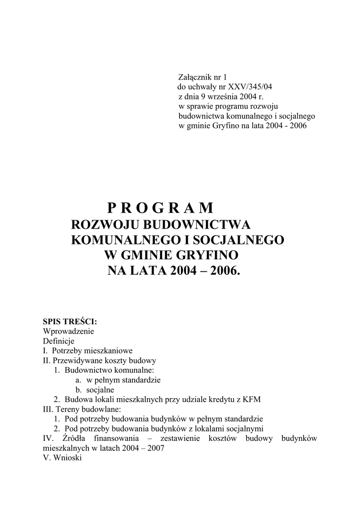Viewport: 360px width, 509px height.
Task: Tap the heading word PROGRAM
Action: coord(160,207)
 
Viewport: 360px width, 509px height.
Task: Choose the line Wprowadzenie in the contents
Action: coord(69,332)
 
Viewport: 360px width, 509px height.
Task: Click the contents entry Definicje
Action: coord(59,341)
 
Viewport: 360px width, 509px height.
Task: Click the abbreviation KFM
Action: coord(252,399)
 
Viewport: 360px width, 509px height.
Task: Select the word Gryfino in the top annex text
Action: coord(226,125)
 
